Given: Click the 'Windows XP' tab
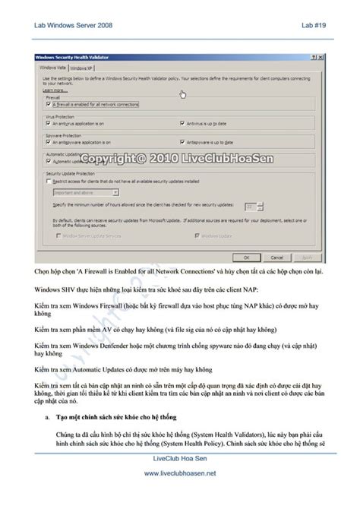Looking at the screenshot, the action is click(x=81, y=68).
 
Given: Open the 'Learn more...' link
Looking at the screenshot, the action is click(x=53, y=90).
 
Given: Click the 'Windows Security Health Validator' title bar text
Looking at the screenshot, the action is click(x=74, y=57).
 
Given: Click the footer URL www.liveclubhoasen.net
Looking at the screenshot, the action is click(x=180, y=473).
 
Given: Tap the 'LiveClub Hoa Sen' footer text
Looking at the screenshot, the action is click(x=180, y=459).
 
